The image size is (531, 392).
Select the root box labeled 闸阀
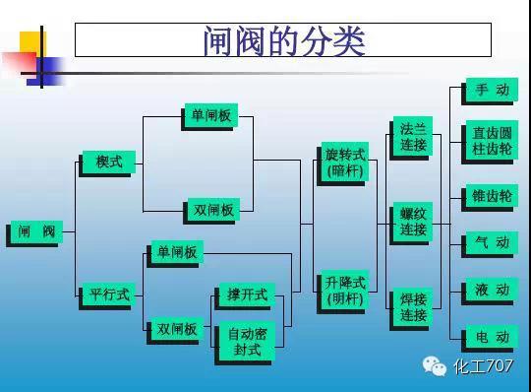pos(36,232)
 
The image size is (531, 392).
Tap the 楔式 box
pos(108,163)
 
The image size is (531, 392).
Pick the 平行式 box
pos(108,294)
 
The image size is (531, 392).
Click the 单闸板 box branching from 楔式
pos(210,116)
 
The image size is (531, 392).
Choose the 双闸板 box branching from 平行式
pos(177,329)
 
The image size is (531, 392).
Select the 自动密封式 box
pos(247,341)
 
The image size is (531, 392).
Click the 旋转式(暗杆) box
pos(344,163)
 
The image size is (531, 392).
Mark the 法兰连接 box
pos(413,137)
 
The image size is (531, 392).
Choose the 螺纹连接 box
pos(413,222)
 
